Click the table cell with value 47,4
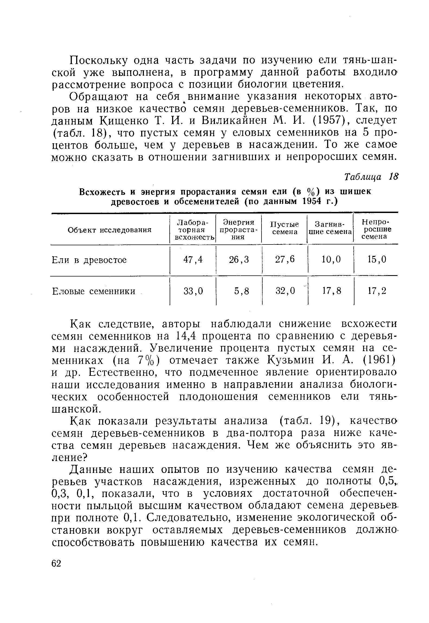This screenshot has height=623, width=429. pos(193,260)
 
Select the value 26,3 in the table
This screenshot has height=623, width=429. pos(239,260)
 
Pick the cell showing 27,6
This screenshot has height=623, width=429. pos(285,260)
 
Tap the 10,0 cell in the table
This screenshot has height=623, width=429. pos(331,260)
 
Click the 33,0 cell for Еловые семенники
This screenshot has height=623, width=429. pos(193,291)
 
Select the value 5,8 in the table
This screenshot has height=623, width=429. pos(241,291)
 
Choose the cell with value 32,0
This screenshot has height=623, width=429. pos(285,291)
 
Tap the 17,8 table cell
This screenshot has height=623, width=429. pos(331,291)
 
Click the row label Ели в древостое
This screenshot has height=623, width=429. pos(89,260)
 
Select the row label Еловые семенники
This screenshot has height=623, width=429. pos(93,291)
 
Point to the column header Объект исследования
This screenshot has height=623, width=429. pos(109,230)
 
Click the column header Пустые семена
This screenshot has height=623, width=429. pos(285,228)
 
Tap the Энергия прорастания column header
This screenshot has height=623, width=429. pos(238,230)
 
